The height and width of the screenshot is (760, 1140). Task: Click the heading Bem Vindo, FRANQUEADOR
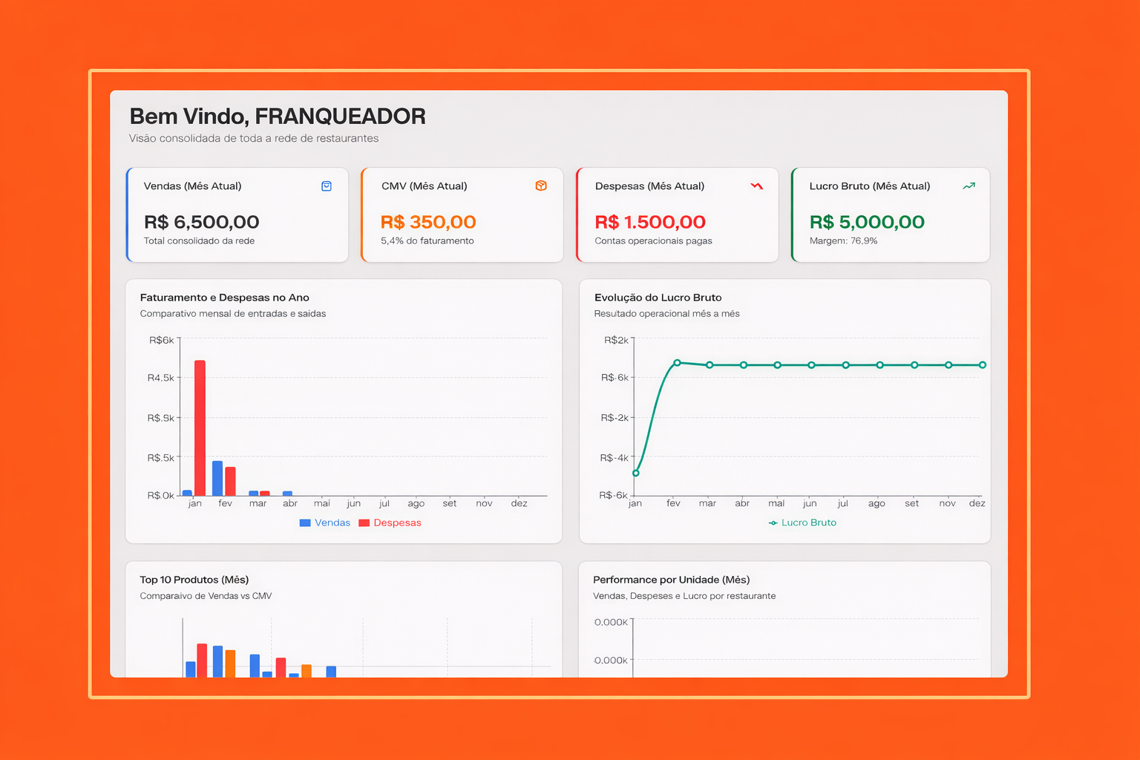point(277,117)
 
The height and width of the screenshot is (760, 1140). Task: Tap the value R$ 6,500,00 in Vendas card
point(201,222)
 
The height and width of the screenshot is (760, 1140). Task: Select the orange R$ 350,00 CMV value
point(427,222)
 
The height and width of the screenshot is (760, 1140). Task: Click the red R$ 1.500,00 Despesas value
point(649,222)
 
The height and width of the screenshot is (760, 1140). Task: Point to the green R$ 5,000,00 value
point(866,222)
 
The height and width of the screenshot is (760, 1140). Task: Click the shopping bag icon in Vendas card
point(326,186)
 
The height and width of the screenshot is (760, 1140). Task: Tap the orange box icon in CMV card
point(541,186)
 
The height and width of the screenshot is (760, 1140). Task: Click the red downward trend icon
point(756,186)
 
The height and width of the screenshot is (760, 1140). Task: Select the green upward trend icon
point(969,186)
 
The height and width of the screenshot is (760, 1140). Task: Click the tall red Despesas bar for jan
point(200,427)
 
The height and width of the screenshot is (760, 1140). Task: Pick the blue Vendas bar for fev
point(217,478)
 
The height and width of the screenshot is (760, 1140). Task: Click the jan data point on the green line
point(636,473)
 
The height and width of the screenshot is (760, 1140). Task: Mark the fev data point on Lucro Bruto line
point(677,363)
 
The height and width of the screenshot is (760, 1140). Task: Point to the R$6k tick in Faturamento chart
point(161,340)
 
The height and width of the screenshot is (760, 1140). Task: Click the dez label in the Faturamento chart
point(519,503)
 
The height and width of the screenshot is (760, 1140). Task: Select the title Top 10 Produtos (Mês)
point(194,580)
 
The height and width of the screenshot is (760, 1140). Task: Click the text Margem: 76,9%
point(843,240)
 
